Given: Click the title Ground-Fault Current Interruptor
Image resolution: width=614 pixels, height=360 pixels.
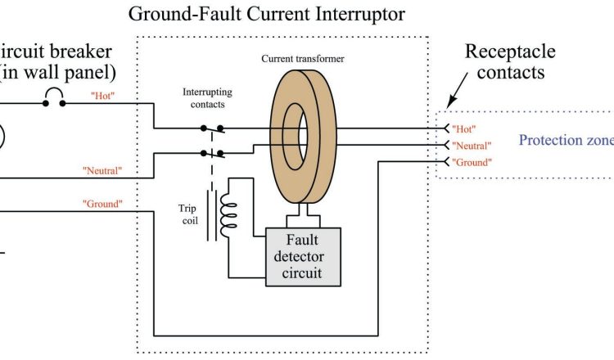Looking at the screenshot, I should coord(266,15).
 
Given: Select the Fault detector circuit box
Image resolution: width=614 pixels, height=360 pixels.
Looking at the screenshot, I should coord(303,256).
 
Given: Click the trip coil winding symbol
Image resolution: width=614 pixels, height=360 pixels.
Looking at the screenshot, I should coord(232,211).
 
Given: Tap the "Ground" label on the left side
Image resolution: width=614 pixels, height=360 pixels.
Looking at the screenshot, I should coord(102,203).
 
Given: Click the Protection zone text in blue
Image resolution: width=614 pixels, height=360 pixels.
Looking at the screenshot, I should coord(566,140).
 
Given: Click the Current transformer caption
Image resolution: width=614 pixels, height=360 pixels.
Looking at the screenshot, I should coord(302,59).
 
